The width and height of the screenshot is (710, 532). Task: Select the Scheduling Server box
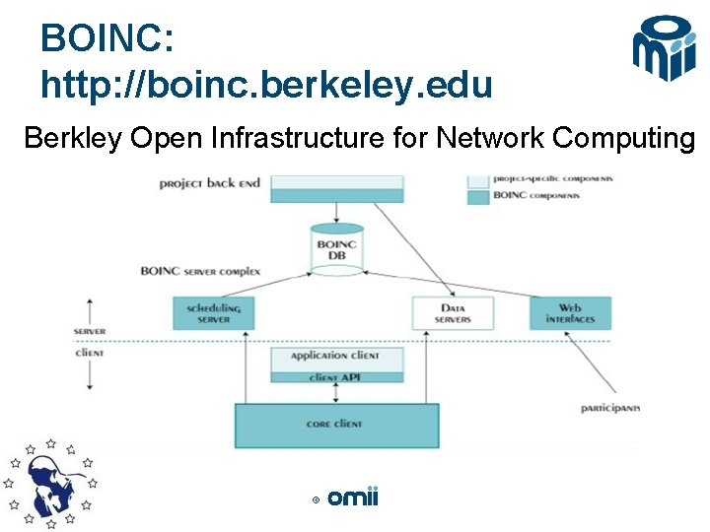pyautogui.click(x=213, y=313)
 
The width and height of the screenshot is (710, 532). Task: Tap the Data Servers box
pyautogui.click(x=452, y=313)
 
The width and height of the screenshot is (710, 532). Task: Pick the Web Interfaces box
pyautogui.click(x=570, y=313)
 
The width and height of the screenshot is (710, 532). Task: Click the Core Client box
pyautogui.click(x=336, y=425)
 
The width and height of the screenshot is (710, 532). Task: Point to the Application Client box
pyautogui.click(x=336, y=356)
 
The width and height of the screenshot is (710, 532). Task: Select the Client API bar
pyautogui.click(x=336, y=376)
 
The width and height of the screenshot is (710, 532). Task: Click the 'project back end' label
pyautogui.click(x=209, y=183)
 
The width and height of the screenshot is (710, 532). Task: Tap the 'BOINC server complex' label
pyautogui.click(x=200, y=270)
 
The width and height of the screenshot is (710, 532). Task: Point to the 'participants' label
pyautogui.click(x=609, y=408)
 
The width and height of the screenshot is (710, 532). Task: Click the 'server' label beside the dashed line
pyautogui.click(x=89, y=331)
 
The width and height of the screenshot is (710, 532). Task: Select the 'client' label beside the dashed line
pyautogui.click(x=89, y=352)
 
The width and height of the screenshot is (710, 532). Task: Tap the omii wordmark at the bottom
pyautogui.click(x=352, y=499)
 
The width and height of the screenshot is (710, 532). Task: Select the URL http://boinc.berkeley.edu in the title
pyautogui.click(x=266, y=86)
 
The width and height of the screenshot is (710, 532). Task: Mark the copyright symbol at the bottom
pyautogui.click(x=316, y=500)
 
